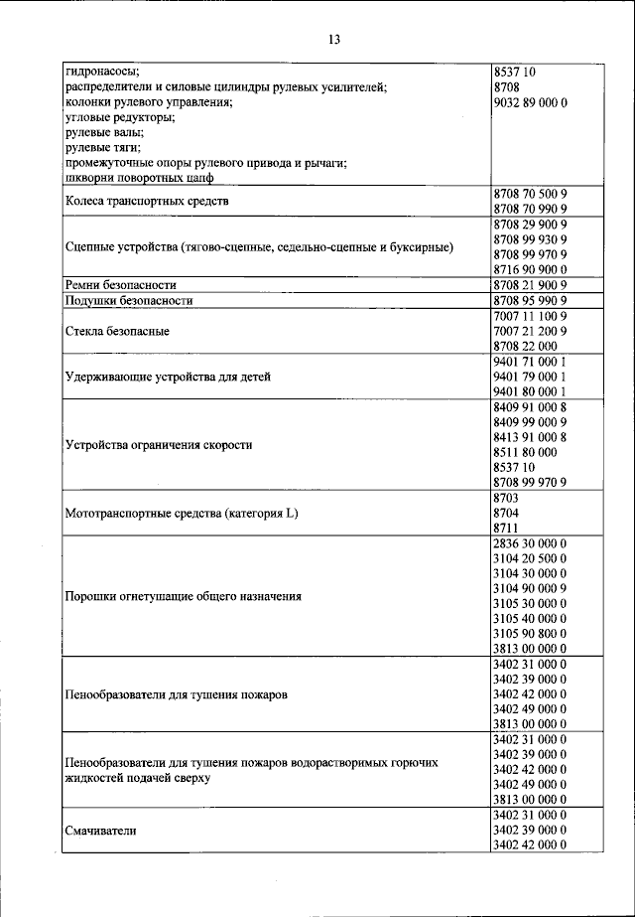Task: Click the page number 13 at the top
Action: [x=334, y=40]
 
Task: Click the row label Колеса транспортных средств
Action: [x=147, y=201]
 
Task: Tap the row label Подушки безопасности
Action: [x=128, y=300]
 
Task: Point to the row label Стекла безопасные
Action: [x=117, y=331]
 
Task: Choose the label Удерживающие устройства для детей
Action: [x=167, y=377]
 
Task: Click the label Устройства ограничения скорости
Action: [x=159, y=445]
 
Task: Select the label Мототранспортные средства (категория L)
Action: [x=182, y=514]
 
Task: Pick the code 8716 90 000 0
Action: [x=529, y=269]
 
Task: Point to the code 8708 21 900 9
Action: [x=529, y=285]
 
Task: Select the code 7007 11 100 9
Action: [x=529, y=315]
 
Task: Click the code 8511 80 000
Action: [x=525, y=451]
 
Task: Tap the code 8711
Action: [x=506, y=528]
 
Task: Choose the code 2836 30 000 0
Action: [x=529, y=543]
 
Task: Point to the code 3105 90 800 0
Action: [x=529, y=633]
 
